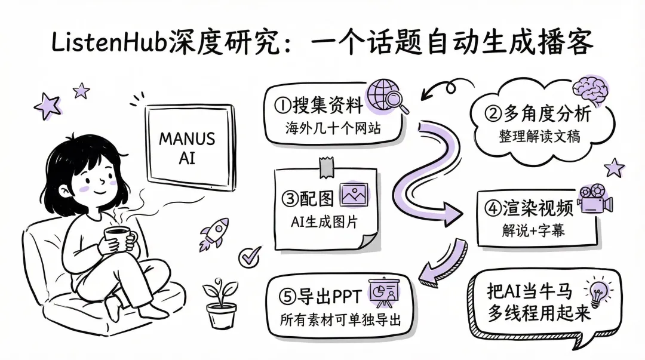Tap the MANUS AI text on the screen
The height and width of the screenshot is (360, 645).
[186, 148]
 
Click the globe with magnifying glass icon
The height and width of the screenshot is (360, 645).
[387, 96]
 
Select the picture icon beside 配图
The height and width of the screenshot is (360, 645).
[354, 195]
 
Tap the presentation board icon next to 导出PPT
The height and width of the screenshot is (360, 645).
[385, 293]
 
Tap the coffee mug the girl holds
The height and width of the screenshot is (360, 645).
[120, 239]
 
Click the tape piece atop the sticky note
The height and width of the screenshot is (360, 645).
[325, 167]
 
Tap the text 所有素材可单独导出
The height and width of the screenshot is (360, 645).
[339, 319]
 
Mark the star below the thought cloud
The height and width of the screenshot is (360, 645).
[614, 168]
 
